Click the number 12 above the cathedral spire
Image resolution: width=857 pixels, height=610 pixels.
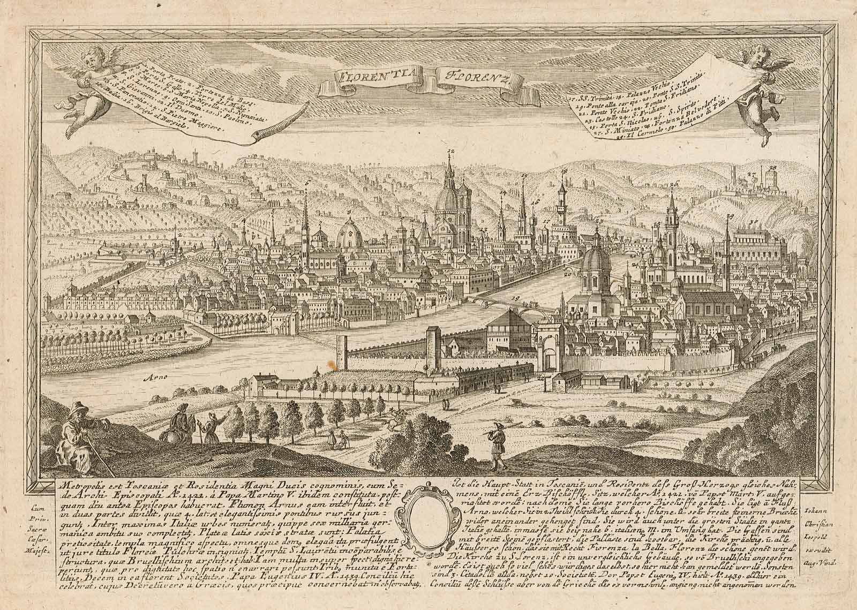[x=449, y=152]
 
